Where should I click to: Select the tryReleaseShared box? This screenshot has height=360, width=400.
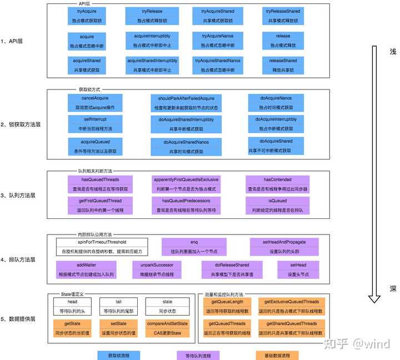pyautogui.click(x=283, y=16)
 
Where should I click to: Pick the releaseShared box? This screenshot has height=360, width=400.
pyautogui.click(x=283, y=65)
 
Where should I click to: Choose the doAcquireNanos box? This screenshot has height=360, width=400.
pyautogui.click(x=276, y=102)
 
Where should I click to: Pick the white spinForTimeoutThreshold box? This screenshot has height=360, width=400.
pyautogui.click(x=102, y=247)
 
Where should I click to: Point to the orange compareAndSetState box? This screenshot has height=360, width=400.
pyautogui.click(x=167, y=328)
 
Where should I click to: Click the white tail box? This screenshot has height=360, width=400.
pyautogui.click(x=118, y=306)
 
